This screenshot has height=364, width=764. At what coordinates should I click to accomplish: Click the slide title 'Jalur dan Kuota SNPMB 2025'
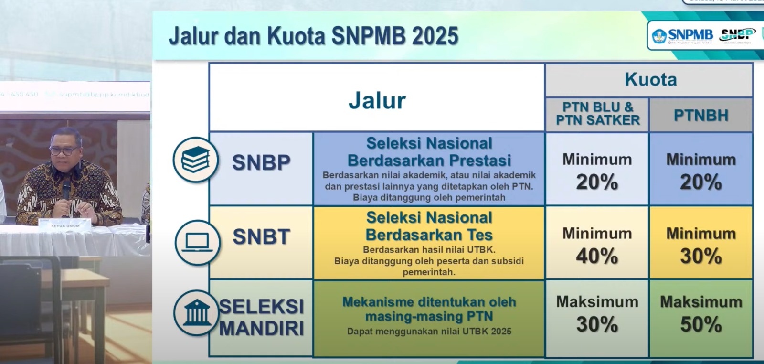click(x=313, y=36)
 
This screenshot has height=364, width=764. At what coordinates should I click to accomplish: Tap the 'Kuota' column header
click(x=650, y=79)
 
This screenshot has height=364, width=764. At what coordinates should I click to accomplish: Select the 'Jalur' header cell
click(x=377, y=100)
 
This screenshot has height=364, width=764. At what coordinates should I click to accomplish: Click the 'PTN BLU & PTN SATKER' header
click(x=597, y=114)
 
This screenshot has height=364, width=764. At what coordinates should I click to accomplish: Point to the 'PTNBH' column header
click(x=700, y=115)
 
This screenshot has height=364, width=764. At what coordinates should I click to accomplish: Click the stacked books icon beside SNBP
click(x=195, y=160)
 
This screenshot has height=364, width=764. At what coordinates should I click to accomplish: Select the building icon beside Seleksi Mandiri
click(x=196, y=313)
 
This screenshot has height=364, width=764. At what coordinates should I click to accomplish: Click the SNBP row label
click(x=261, y=163)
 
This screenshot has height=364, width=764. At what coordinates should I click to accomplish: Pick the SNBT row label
click(x=261, y=237)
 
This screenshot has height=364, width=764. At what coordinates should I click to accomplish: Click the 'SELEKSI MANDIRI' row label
click(x=261, y=317)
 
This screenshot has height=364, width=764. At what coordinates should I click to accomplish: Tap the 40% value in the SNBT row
click(x=597, y=257)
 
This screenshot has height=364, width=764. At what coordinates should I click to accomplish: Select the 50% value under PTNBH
click(x=700, y=325)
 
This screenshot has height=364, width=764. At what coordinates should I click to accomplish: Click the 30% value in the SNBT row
click(x=700, y=257)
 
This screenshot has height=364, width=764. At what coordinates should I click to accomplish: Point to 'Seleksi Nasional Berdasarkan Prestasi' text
click(x=429, y=151)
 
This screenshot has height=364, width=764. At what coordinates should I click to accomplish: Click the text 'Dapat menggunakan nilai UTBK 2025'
click(x=429, y=331)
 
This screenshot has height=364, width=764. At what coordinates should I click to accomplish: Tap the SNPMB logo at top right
click(x=683, y=35)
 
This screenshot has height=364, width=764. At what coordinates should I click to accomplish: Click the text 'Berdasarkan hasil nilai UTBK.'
click(x=429, y=249)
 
